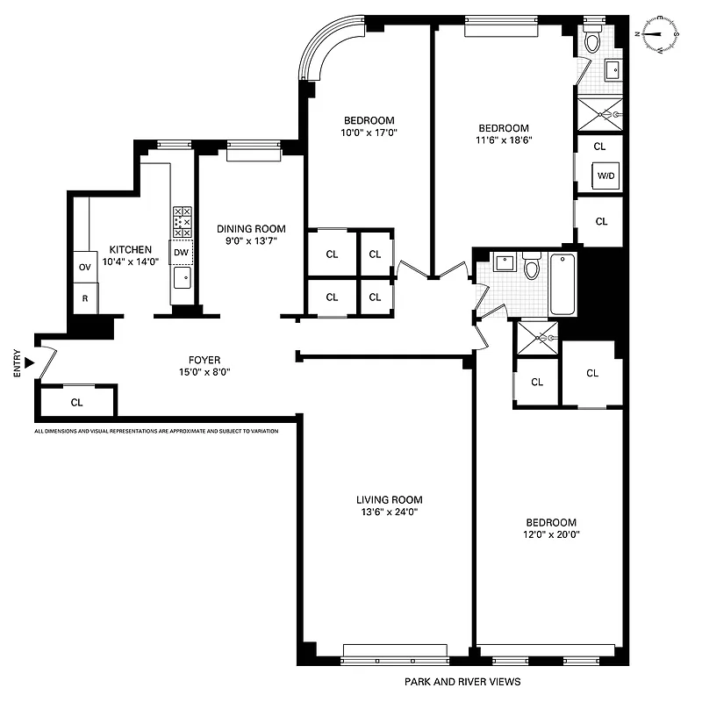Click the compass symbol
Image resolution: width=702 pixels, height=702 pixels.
pyautogui.click(x=660, y=36)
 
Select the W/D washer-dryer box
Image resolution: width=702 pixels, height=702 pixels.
pyautogui.click(x=606, y=175)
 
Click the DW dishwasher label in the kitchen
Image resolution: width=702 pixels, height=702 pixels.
pyautogui.click(x=181, y=253)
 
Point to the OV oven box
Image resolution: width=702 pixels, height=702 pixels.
pyautogui.click(x=85, y=267)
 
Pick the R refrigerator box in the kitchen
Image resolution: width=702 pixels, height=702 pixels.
pyautogui.click(x=85, y=298)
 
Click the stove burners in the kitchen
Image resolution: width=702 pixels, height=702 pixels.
pyautogui.click(x=182, y=221)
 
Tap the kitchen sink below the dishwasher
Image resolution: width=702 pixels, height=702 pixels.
pyautogui.click(x=182, y=278)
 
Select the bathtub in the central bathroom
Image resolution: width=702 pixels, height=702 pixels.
pyautogui.click(x=562, y=283)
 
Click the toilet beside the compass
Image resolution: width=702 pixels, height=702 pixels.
pyautogui.click(x=593, y=39)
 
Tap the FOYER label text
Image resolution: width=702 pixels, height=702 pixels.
pyautogui.click(x=204, y=360)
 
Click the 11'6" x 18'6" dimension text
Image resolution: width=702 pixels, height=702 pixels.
pyautogui.click(x=504, y=139)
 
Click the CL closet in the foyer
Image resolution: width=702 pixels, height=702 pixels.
pyautogui.click(x=76, y=403)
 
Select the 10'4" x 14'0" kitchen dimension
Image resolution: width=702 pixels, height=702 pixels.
pyautogui.click(x=130, y=261)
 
